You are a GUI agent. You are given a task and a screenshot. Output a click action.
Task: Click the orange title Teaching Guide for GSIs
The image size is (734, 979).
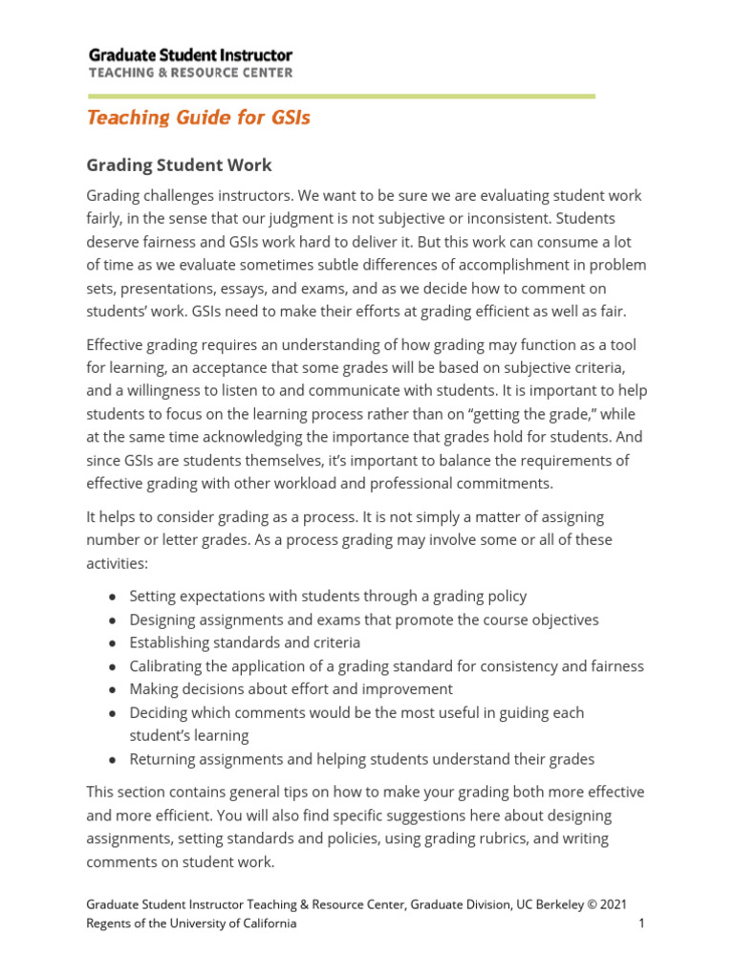pos(199,118)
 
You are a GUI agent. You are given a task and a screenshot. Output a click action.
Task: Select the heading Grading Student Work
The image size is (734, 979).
pos(179,165)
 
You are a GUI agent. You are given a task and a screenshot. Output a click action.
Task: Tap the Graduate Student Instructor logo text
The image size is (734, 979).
pos(190,55)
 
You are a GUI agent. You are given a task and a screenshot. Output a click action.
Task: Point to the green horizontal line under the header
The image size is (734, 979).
pos(340,97)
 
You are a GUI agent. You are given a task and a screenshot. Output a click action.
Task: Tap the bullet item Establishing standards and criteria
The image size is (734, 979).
pos(245,643)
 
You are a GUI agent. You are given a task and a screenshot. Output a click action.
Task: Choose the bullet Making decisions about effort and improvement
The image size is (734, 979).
pos(291,689)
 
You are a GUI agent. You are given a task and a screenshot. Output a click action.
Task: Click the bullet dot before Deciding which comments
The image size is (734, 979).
pos(113,713)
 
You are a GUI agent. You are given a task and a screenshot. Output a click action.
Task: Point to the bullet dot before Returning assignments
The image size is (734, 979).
pos(113,760)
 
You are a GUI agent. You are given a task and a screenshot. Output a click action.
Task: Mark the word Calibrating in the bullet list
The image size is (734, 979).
pos(166,666)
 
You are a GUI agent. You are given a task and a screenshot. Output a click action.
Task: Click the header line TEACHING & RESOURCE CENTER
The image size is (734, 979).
pos(190,73)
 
